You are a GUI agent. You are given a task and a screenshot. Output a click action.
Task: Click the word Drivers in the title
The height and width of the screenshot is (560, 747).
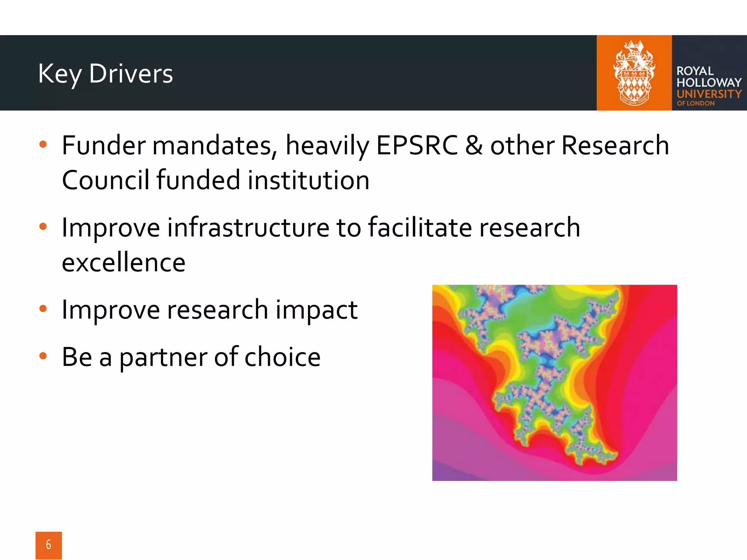pyautogui.click(x=131, y=74)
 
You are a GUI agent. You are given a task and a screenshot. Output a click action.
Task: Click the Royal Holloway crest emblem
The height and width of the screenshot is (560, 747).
pyautogui.click(x=634, y=73)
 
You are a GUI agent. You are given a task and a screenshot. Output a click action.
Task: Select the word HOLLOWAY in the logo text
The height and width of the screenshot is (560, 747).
pyautogui.click(x=709, y=82)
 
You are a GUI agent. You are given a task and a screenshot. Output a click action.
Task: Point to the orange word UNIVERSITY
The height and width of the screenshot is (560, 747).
pyautogui.click(x=709, y=94)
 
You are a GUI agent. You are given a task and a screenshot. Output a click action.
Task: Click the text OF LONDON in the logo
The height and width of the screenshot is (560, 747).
pyautogui.click(x=696, y=104)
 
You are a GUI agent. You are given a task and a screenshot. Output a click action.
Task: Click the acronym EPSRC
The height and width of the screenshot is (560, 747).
pyautogui.click(x=417, y=145)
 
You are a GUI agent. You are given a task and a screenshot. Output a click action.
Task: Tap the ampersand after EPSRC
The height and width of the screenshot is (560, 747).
pyautogui.click(x=473, y=145)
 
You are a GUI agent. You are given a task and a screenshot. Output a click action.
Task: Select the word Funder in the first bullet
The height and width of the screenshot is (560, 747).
pyautogui.click(x=104, y=145)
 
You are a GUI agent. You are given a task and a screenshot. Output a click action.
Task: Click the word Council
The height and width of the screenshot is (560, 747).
pyautogui.click(x=105, y=180)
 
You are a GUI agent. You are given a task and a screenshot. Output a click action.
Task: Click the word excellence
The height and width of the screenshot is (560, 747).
pyautogui.click(x=124, y=262)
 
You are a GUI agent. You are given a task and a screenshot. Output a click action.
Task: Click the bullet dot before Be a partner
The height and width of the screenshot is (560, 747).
pyautogui.click(x=43, y=356)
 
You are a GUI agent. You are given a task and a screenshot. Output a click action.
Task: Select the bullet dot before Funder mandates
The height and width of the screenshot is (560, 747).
pyautogui.click(x=43, y=144)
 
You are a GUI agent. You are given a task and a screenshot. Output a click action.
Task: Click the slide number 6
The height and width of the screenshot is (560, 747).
pyautogui.click(x=49, y=545)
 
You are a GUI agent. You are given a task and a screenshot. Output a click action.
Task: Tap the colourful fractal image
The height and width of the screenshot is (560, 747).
pyautogui.click(x=554, y=382)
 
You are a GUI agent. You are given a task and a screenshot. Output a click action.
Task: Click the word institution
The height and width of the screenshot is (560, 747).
pyautogui.click(x=309, y=180)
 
